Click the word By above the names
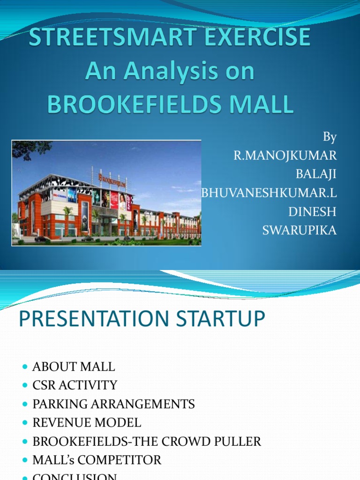click(x=330, y=137)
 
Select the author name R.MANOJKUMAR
click(x=285, y=156)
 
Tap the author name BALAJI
click(x=316, y=174)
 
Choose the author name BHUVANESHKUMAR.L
click(x=269, y=193)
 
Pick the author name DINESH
click(x=312, y=212)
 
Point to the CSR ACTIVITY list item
click(x=75, y=385)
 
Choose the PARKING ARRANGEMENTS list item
click(x=113, y=404)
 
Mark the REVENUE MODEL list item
click(x=87, y=423)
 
